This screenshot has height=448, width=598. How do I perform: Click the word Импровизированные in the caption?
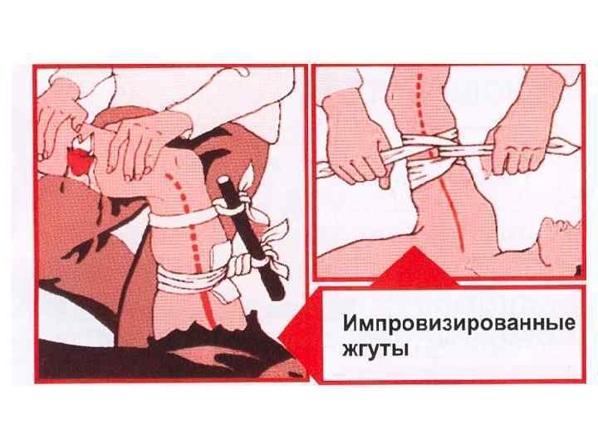click(x=459, y=323)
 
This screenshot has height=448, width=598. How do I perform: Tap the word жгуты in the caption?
click(x=375, y=348)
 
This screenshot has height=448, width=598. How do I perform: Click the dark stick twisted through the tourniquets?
click(x=251, y=237)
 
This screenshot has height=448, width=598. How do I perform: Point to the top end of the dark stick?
click(x=223, y=179)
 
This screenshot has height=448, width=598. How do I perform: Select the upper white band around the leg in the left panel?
click(x=183, y=218)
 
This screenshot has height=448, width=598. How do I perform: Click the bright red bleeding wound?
click(x=79, y=160)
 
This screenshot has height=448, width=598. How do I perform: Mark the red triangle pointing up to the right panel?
click(x=414, y=266)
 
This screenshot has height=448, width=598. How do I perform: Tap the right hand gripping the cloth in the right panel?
click(x=522, y=137)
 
